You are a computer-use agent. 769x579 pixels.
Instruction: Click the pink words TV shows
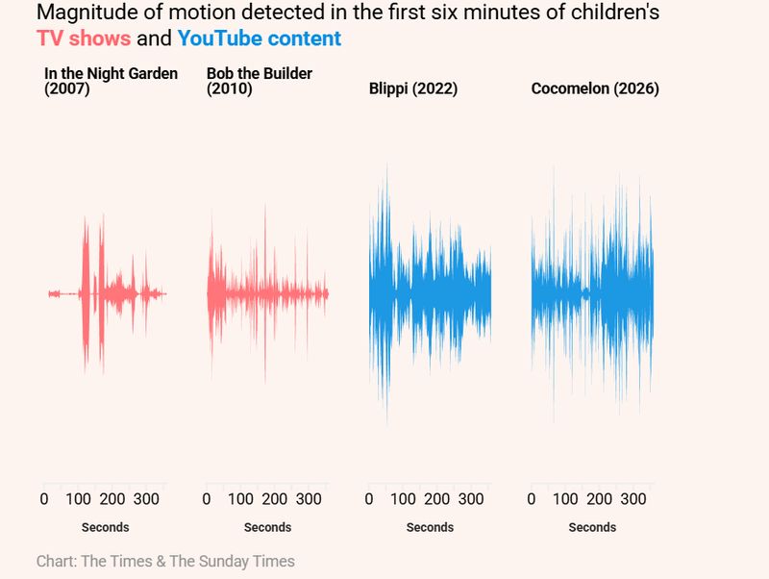pyautogui.click(x=83, y=39)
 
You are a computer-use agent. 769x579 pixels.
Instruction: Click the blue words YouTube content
pyautogui.click(x=259, y=39)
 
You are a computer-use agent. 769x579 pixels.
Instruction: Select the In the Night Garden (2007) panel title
pyautogui.click(x=111, y=82)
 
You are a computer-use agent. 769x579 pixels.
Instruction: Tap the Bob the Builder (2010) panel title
pyautogui.click(x=260, y=82)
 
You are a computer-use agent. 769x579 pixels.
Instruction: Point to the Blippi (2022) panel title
pyautogui.click(x=413, y=89)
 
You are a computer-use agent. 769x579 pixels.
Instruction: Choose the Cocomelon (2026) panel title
pyautogui.click(x=595, y=89)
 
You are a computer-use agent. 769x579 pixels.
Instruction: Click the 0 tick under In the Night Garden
pyautogui.click(x=44, y=499)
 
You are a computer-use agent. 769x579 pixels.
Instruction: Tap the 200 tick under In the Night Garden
pyautogui.click(x=112, y=499)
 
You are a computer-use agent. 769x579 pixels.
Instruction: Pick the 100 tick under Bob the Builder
pyautogui.click(x=240, y=499)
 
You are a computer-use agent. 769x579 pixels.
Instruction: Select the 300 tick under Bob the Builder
pyautogui.click(x=309, y=499)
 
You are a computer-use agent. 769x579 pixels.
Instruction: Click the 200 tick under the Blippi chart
pyautogui.click(x=437, y=499)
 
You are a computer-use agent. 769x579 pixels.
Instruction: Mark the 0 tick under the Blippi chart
pyautogui.click(x=369, y=499)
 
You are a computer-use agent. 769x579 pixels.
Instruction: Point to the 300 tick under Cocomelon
pyautogui.click(x=633, y=499)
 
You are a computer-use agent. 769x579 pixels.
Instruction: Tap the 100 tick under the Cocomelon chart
pyautogui.click(x=565, y=499)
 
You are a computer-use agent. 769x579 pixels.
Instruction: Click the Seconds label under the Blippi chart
pyautogui.click(x=430, y=527)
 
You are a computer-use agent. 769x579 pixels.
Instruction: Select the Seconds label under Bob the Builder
pyautogui.click(x=267, y=527)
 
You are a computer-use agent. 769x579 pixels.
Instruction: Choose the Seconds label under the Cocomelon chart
pyautogui.click(x=592, y=527)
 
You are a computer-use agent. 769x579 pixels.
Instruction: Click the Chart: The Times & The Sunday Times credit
pyautogui.click(x=165, y=561)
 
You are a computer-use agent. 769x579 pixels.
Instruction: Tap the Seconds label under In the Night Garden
pyautogui.click(x=105, y=527)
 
